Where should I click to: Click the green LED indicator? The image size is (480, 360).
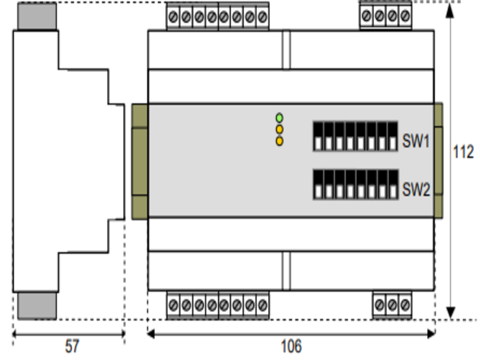click(x=279, y=117)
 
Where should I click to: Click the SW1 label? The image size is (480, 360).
click(x=416, y=143)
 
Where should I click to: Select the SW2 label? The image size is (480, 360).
click(x=416, y=190)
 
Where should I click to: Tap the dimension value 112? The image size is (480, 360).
click(x=463, y=153)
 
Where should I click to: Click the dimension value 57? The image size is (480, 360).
click(x=71, y=346)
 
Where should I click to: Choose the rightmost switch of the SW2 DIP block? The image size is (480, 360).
click(x=392, y=184)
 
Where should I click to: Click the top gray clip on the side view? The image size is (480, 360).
click(x=37, y=16)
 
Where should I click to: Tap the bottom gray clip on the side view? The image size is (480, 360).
click(x=37, y=306)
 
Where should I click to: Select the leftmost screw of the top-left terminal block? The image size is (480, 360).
click(x=173, y=15)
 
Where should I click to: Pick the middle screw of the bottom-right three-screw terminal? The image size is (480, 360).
click(x=392, y=305)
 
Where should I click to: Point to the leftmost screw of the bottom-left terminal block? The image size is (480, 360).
click(x=173, y=305)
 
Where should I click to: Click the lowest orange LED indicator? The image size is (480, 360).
click(x=279, y=141)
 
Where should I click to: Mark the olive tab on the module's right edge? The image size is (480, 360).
click(x=439, y=161)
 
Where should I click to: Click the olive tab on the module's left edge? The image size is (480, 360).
click(x=139, y=161)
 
